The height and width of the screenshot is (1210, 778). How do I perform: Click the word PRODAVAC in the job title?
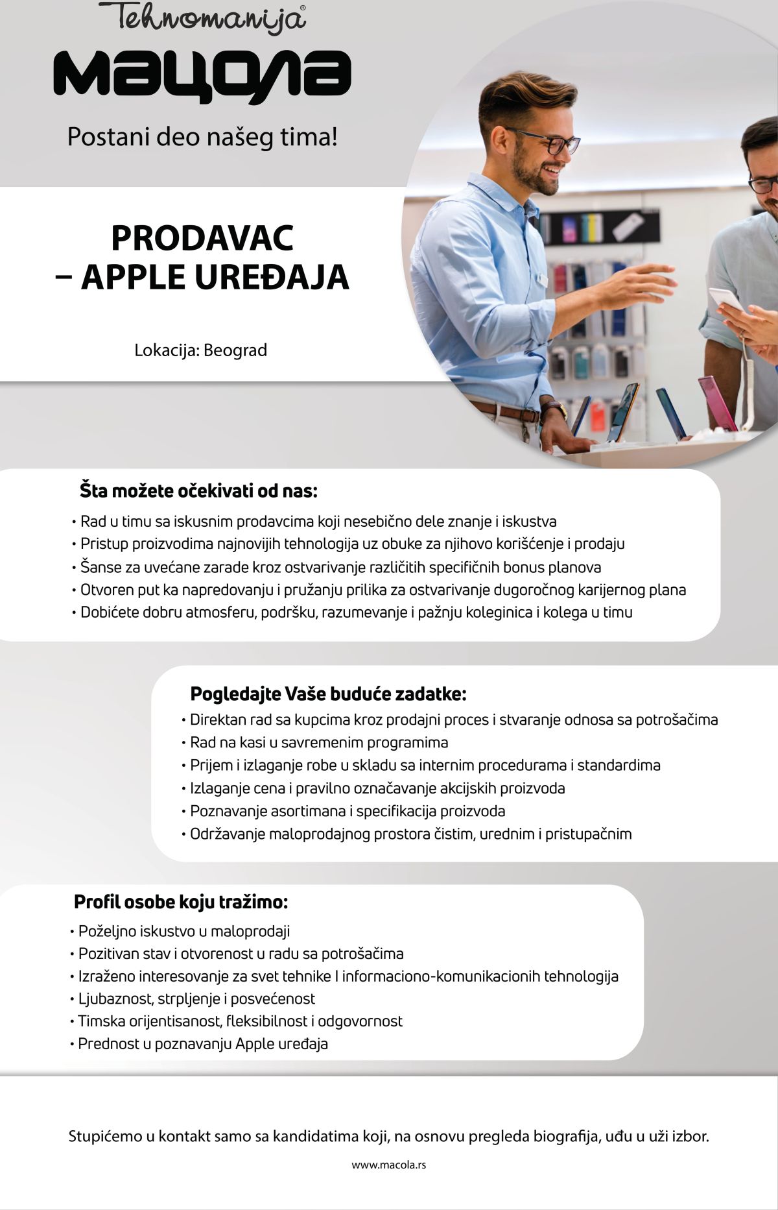click(x=202, y=238)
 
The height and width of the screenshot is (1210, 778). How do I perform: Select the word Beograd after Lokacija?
click(x=235, y=350)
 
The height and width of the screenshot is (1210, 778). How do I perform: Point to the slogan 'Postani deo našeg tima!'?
click(x=202, y=138)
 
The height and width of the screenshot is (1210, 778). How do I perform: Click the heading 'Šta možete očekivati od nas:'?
click(x=198, y=490)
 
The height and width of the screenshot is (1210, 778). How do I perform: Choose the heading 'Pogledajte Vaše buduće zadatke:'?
click(x=328, y=694)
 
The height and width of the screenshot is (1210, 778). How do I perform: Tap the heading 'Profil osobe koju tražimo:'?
click(x=181, y=902)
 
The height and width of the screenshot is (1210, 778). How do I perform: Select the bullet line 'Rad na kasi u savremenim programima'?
click(x=319, y=742)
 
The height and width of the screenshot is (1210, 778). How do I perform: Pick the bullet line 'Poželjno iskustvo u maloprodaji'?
click(x=184, y=931)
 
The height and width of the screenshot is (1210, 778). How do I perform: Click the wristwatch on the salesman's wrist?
click(x=552, y=409)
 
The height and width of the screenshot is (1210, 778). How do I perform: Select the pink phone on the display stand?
click(x=717, y=402)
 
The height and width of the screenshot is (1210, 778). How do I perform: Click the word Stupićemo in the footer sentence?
click(x=103, y=1137)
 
